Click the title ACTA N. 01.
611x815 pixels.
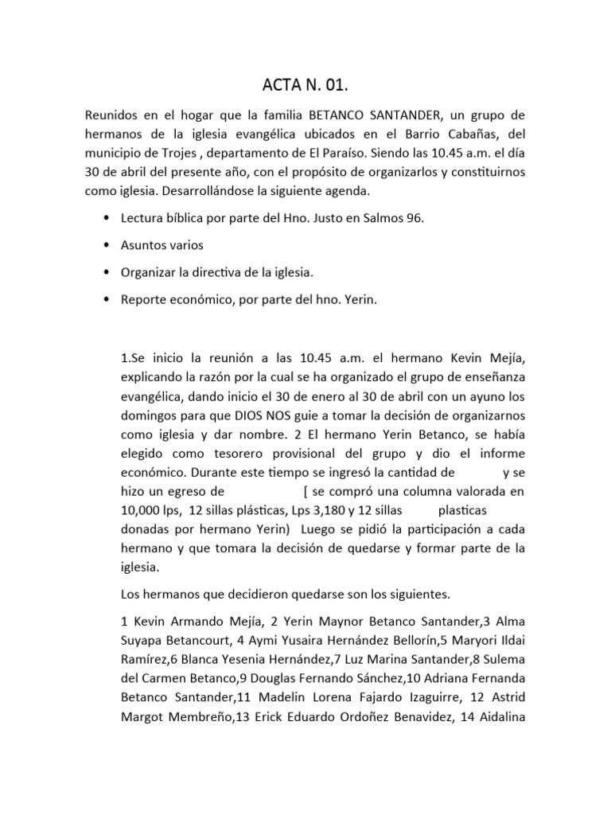click(x=305, y=85)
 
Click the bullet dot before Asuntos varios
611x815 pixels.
click(x=107, y=246)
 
